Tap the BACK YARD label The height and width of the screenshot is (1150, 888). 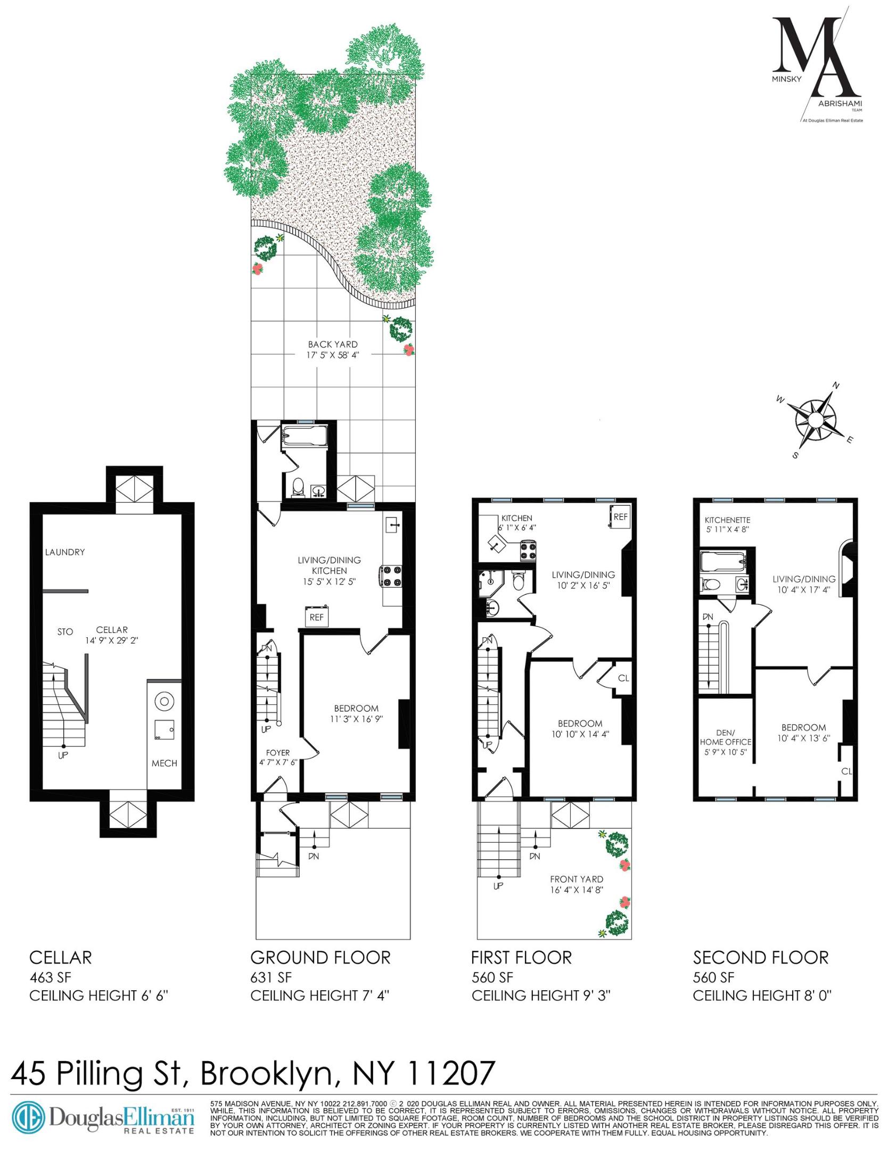tap(333, 344)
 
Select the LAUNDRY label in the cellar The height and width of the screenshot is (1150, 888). tap(65, 552)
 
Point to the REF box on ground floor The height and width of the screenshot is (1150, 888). tap(317, 618)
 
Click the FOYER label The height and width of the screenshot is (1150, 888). tap(278, 752)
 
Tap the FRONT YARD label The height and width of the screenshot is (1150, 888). tap(577, 879)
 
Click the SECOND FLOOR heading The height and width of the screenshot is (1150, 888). tap(760, 958)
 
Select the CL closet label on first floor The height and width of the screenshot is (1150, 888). tap(623, 678)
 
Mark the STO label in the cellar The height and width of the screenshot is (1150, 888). tap(65, 632)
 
